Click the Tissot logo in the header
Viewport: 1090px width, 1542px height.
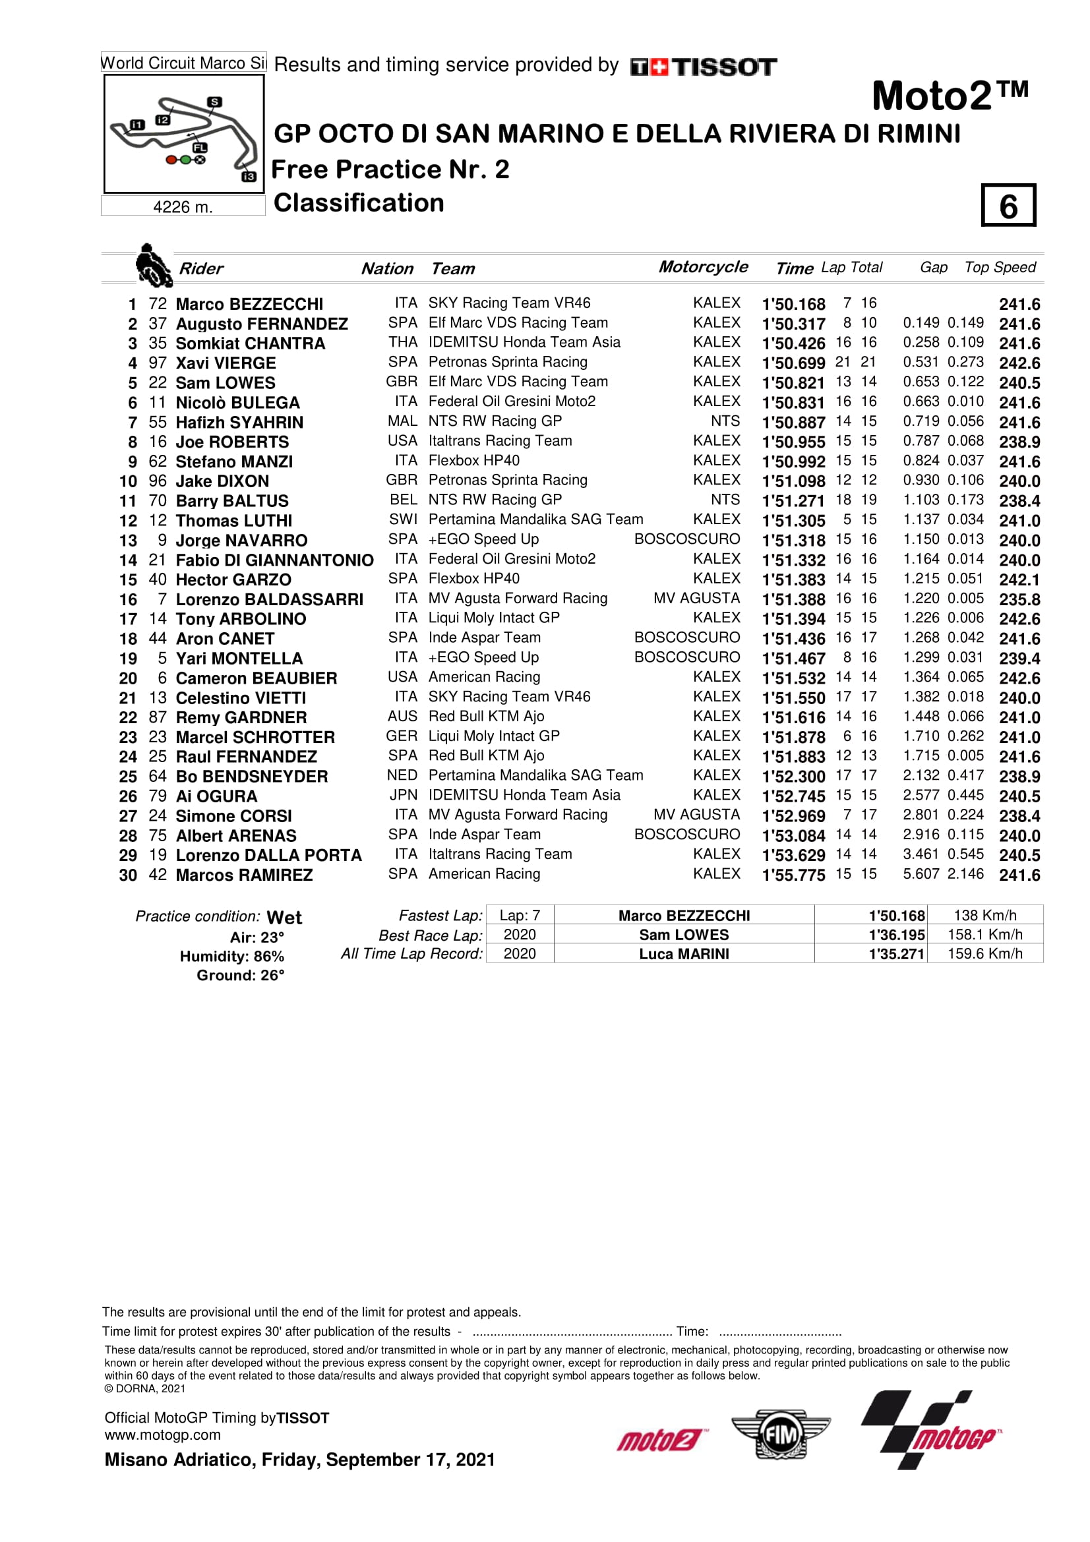point(703,67)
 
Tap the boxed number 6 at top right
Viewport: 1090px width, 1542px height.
point(1008,206)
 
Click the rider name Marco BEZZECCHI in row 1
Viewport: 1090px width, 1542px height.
point(249,304)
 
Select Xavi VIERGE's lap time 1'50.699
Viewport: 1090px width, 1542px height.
point(793,363)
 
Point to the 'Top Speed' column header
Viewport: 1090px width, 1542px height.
point(1000,267)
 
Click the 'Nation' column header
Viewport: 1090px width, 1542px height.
point(387,268)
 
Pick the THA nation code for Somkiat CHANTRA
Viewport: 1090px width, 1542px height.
point(402,343)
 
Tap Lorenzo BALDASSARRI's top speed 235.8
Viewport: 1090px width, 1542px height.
point(1019,599)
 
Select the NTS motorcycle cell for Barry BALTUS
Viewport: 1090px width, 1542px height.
point(725,500)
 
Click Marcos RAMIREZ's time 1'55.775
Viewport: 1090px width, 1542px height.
point(793,875)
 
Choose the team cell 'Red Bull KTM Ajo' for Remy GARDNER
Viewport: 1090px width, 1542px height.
point(486,716)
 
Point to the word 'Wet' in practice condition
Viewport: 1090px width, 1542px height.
point(284,918)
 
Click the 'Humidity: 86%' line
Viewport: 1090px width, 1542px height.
point(231,957)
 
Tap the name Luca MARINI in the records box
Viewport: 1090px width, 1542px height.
point(684,954)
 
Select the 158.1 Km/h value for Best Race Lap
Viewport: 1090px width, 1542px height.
point(984,934)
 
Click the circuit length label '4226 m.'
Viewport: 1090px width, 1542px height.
point(183,207)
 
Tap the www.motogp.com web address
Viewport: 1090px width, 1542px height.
point(162,1435)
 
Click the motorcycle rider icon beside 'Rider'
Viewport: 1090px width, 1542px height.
point(153,266)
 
